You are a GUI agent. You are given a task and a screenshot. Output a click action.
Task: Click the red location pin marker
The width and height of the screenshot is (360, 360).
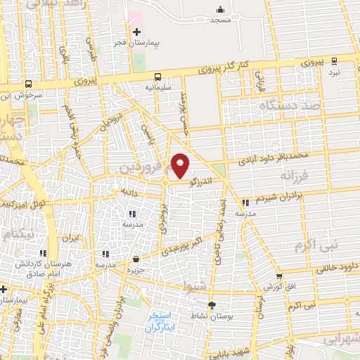tap(181, 165)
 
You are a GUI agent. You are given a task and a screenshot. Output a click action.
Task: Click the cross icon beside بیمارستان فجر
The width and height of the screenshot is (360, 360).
tap(137, 32)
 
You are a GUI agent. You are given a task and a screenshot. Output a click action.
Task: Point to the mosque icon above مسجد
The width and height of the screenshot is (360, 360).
tap(221, 10)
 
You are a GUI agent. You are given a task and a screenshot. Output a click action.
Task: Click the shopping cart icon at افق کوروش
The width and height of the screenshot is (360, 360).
tap(280, 276)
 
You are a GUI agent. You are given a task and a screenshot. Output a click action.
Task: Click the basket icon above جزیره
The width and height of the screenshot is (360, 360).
tap(136, 259)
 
